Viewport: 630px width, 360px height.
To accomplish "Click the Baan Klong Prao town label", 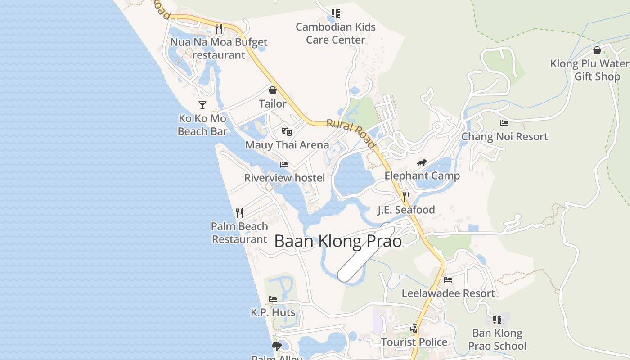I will coord(338,241).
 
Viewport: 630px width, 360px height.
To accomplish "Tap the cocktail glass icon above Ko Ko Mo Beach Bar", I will coord(202,105).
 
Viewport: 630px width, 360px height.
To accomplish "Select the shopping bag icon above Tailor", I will coord(272,90).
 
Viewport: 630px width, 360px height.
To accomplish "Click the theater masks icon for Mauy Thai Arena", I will coord(287,131).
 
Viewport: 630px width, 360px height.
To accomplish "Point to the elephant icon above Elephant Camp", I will coord(422,162).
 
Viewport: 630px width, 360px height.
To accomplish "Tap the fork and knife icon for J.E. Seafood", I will coord(406,196).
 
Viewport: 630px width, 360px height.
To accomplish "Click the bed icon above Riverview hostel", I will coord(284,164).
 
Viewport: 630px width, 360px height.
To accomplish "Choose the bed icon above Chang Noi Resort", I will coord(504,123).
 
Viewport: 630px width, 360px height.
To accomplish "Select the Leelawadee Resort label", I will coord(448,293).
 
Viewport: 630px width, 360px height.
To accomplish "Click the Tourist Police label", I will coord(414,342).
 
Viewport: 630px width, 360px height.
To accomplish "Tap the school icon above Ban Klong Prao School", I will coord(497,320).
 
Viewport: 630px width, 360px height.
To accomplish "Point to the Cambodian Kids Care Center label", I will coord(336,33).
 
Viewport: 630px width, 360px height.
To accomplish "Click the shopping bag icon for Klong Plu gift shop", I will coord(597,50).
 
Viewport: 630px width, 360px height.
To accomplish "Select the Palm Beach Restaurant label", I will coord(240,233).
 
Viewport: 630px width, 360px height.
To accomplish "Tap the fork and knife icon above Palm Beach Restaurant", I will coord(239,213).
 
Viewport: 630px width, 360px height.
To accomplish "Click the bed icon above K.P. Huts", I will coord(273,299).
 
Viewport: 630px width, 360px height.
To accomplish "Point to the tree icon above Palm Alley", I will coord(276,346).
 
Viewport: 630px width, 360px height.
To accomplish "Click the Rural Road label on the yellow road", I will coord(351,133).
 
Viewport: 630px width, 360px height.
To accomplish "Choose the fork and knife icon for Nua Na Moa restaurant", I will coord(219,29).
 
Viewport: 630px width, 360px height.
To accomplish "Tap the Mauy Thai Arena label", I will coord(287,145).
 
